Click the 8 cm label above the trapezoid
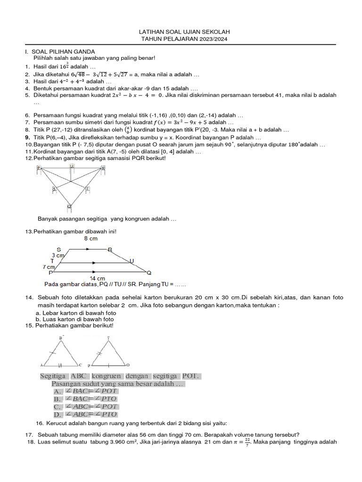(x=91, y=239)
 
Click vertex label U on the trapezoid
(x=132, y=261)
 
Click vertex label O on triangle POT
(x=128, y=365)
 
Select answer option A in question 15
(x=58, y=391)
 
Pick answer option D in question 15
(x=58, y=415)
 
